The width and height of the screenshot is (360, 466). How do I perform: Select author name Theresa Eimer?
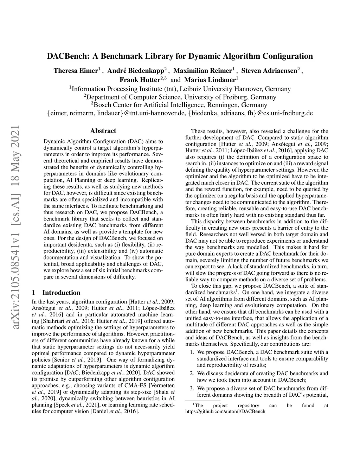[75, 71]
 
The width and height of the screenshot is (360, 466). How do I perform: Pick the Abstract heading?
[103, 131]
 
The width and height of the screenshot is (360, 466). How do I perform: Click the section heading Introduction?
[61, 293]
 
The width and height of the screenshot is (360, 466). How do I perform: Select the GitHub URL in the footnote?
[225, 411]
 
